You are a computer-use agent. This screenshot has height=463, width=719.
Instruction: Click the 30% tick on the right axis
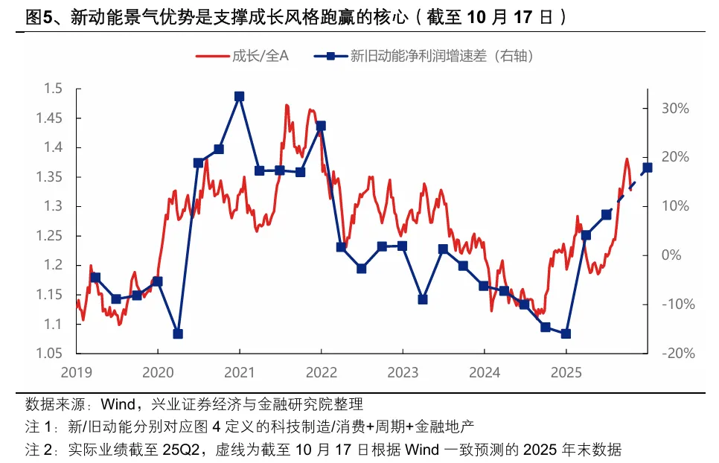pyautogui.click(x=675, y=108)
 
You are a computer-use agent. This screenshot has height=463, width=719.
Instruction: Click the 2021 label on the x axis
pyautogui.click(x=239, y=371)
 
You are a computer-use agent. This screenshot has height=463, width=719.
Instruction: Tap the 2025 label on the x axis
pyautogui.click(x=565, y=371)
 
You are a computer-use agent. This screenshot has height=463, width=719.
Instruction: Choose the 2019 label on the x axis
pyautogui.click(x=76, y=371)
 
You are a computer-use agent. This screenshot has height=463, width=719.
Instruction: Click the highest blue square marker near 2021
pyautogui.click(x=239, y=96)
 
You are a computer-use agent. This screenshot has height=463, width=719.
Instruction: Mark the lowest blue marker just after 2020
pyautogui.click(x=178, y=334)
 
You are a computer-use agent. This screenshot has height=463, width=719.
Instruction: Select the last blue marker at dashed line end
pyautogui.click(x=647, y=167)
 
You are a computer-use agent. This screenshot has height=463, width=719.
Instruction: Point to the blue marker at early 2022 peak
pyautogui.click(x=321, y=126)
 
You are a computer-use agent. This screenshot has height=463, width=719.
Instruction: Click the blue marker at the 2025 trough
pyautogui.click(x=566, y=334)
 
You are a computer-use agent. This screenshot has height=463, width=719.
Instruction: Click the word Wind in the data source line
pyautogui.click(x=117, y=405)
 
